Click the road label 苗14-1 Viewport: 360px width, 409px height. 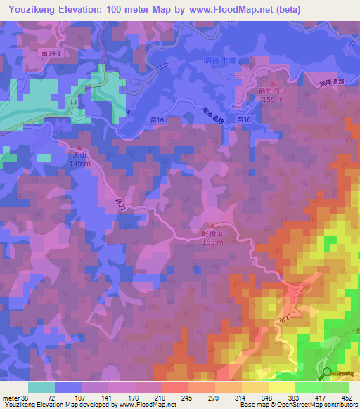[53, 53]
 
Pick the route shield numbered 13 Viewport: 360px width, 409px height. [73, 103]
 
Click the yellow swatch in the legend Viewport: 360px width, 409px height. [281, 387]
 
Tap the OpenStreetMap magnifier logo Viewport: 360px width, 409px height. [326, 373]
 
